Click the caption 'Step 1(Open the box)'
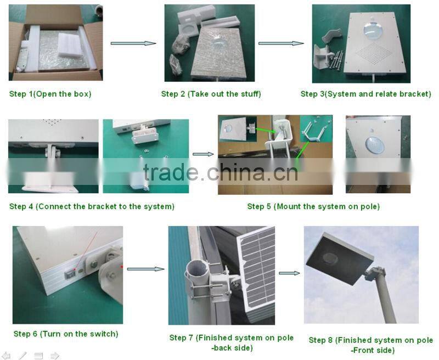tap(50, 94)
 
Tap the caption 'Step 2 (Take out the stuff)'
tap(211, 94)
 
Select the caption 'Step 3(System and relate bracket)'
tap(365, 94)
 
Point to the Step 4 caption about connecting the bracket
tap(92, 206)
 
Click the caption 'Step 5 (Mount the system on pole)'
tap(313, 206)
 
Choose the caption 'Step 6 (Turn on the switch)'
tap(66, 334)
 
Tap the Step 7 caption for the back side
tap(231, 342)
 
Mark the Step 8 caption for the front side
tap(371, 345)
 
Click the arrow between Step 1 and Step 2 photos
tap(133, 43)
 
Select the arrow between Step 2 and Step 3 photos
tap(281, 43)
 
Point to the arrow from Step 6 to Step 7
tap(145, 269)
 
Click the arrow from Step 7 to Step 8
tap(289, 273)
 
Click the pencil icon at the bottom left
tap(22, 355)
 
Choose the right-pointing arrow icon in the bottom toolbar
tap(54, 355)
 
